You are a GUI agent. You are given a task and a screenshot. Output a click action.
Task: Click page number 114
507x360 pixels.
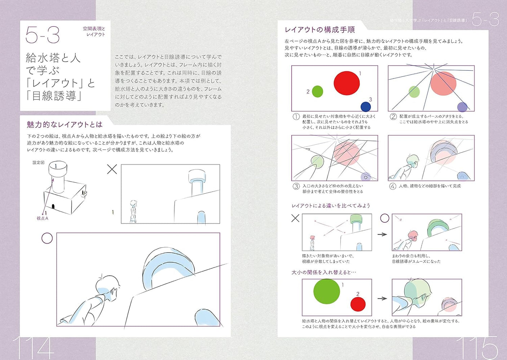tap(33, 348)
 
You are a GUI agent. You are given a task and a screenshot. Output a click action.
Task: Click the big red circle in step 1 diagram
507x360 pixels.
tap(347, 83)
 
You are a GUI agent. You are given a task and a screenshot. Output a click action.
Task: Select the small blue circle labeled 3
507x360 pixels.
tap(366, 107)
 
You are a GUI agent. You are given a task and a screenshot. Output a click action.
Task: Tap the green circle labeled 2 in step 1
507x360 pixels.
tap(317, 92)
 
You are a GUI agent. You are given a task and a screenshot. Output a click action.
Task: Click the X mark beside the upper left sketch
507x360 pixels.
tap(112, 169)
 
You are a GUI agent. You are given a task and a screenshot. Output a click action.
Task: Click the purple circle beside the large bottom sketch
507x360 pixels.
tap(47, 238)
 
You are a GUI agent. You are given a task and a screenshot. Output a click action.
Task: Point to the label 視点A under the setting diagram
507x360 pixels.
tap(42, 218)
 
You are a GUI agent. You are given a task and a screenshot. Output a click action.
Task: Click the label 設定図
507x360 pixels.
tap(38, 163)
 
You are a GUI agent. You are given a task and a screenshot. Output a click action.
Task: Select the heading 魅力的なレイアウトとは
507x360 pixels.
tap(65, 125)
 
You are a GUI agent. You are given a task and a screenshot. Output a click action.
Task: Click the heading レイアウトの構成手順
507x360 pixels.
tap(319, 30)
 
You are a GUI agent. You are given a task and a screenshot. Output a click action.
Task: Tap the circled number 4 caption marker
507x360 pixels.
tap(393, 186)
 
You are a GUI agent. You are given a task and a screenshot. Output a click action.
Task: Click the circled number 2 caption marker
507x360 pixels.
tap(393, 116)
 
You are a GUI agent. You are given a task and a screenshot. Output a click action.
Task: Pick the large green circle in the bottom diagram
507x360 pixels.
tap(327, 291)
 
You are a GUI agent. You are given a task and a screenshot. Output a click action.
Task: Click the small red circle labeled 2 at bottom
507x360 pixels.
tap(358, 304)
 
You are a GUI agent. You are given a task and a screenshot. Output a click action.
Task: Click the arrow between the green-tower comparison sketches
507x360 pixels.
tap(382, 234)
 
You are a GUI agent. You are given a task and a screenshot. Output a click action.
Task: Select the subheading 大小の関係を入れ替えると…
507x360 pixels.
tap(323, 272)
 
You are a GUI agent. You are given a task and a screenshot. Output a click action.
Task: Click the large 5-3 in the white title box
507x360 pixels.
tap(43, 35)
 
